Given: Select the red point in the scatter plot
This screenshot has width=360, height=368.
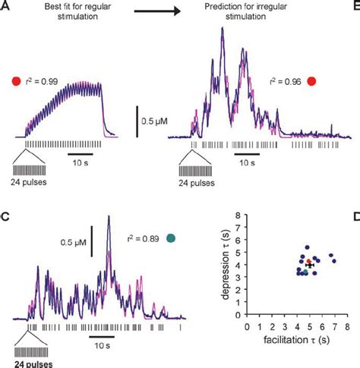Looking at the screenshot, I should [308, 262].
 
